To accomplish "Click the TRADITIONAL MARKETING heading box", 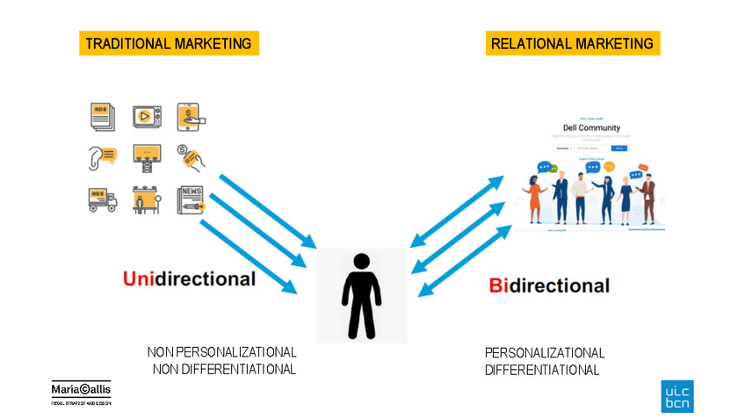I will tap(168, 43).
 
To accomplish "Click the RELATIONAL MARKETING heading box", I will tap(572, 43).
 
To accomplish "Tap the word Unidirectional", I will tap(189, 279).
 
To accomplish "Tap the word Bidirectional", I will tap(549, 285).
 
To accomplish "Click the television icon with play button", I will tap(147, 116).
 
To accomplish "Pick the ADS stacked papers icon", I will tap(103, 116).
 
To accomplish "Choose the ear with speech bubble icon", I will tap(102, 156).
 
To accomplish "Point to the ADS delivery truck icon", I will tap(102, 199).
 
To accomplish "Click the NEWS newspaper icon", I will tap(191, 199).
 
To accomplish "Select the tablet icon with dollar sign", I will tap(190, 116).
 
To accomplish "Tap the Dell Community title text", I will tap(591, 128).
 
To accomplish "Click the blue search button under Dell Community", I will tap(618, 148).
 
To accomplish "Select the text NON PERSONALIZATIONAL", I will tap(221, 352).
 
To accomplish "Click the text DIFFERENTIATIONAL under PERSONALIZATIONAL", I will tap(542, 370).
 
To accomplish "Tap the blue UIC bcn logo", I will tap(676, 396).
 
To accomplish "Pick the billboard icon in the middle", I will tap(146, 156).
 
